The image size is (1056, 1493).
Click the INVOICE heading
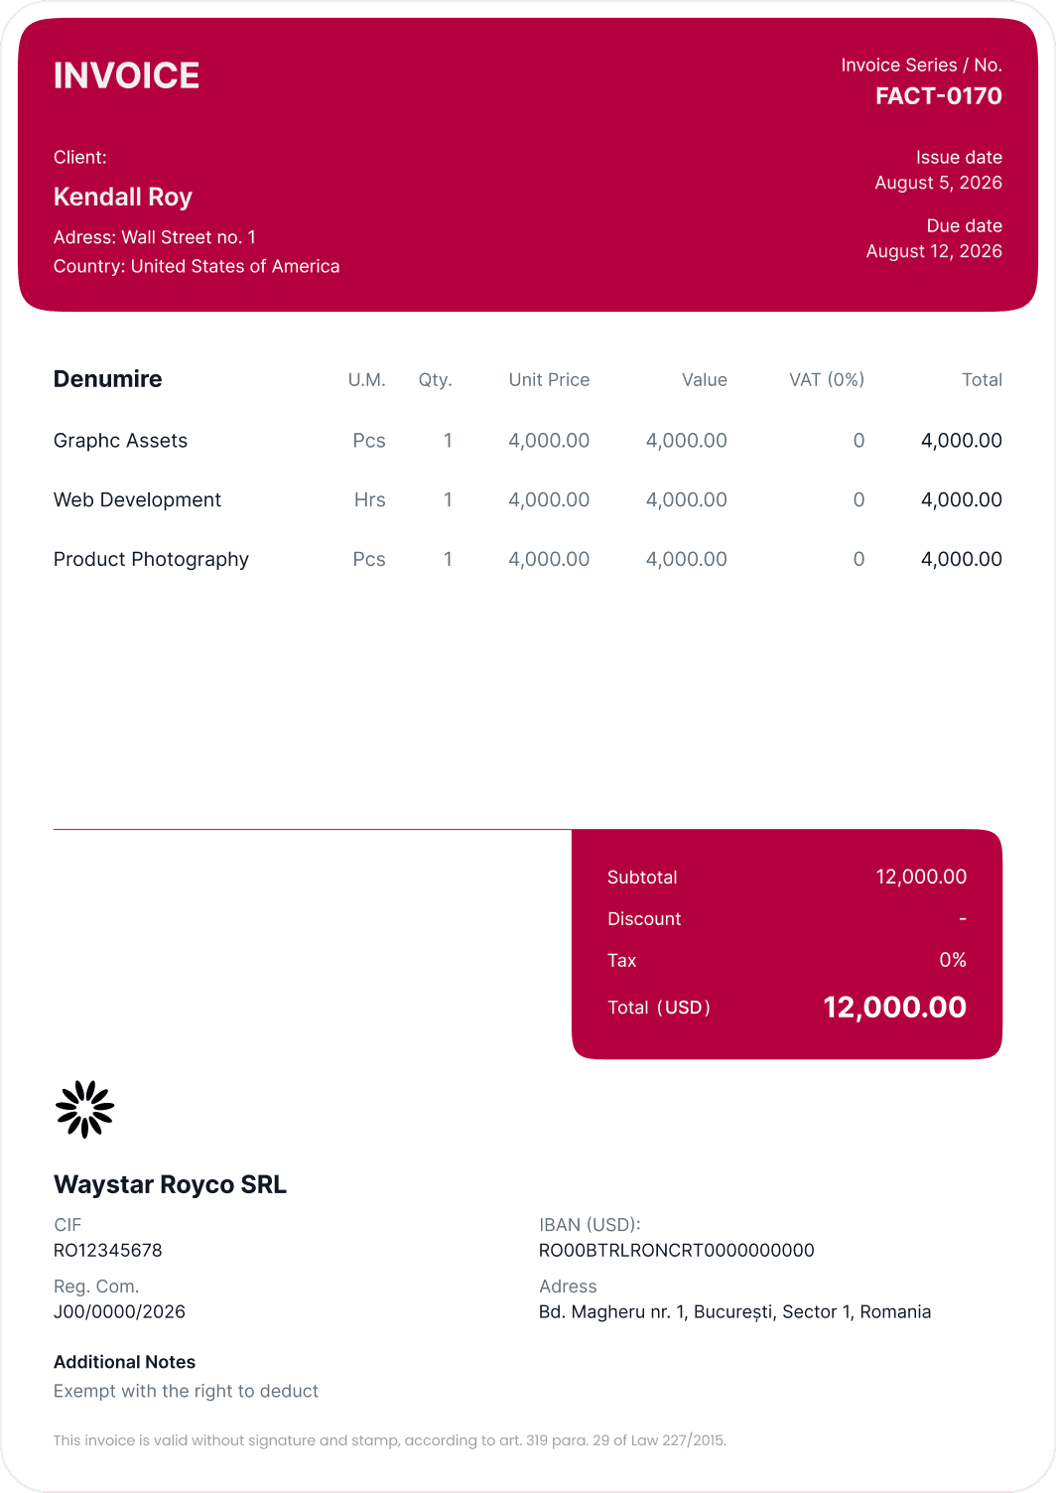point(126,75)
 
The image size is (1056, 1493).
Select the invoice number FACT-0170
point(938,96)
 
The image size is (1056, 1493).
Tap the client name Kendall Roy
point(123,197)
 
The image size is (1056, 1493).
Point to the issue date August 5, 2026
point(938,183)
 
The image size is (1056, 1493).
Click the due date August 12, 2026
point(934,251)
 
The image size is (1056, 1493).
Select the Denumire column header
point(107,379)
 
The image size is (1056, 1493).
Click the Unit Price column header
point(549,380)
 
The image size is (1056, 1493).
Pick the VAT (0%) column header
point(826,380)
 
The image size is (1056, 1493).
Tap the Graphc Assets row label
point(120,441)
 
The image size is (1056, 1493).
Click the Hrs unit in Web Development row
point(369,500)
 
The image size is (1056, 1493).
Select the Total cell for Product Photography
point(961,560)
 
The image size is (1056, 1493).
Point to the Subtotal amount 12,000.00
point(921,877)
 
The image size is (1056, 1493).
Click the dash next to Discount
point(962,919)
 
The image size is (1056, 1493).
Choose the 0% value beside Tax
point(952,960)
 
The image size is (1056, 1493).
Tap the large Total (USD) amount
point(894,1008)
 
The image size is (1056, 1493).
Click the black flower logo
point(84,1109)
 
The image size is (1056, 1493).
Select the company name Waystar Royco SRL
point(170,1184)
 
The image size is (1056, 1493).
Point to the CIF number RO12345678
point(107,1251)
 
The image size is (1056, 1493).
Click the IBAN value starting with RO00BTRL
point(676,1251)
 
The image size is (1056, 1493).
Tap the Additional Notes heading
point(124,1362)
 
